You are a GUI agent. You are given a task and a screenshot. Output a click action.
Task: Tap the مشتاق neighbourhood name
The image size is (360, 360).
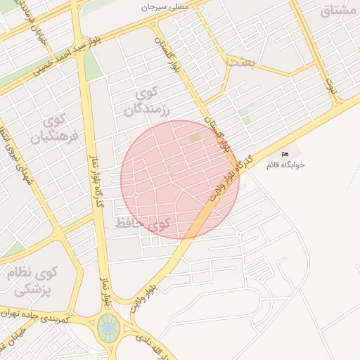340,11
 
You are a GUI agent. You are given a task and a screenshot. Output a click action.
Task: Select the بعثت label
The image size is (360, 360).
240,62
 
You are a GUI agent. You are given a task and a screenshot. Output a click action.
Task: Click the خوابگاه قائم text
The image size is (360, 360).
285,165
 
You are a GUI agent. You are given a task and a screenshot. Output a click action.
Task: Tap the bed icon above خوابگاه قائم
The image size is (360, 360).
285,154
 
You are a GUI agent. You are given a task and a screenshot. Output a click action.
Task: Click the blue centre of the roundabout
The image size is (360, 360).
108,328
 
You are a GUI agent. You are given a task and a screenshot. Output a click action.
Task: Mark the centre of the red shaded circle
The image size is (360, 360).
179,180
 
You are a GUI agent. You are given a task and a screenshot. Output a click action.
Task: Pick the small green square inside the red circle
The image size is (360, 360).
195,138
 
